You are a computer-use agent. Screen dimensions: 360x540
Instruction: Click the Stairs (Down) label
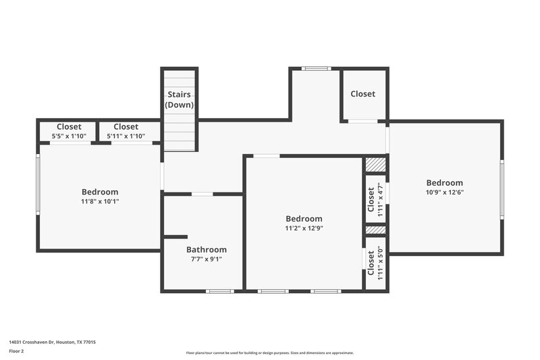tap(180, 99)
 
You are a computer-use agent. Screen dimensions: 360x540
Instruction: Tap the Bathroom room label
tap(207, 249)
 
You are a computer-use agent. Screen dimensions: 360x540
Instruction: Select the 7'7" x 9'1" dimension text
tap(207, 259)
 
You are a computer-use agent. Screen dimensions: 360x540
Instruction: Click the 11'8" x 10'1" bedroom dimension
tap(100, 201)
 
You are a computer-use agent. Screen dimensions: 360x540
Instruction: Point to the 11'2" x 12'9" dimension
tap(304, 228)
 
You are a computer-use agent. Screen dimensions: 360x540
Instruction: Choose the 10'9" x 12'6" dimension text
tap(444, 192)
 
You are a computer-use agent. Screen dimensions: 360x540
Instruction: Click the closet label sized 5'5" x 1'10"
tap(69, 126)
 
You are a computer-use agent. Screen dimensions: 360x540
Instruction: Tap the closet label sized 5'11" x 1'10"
tap(126, 126)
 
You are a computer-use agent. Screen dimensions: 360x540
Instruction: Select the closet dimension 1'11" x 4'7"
tap(380, 198)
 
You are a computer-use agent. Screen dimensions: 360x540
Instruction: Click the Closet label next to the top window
tap(362, 94)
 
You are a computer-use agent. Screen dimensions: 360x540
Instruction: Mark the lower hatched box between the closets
tap(375, 230)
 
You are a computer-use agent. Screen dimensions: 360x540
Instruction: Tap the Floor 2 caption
tap(16, 352)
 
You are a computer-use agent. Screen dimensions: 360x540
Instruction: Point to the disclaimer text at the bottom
tap(270, 353)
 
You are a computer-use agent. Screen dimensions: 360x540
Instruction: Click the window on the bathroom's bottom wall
tap(220, 291)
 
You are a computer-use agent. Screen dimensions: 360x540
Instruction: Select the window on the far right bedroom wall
tap(502, 189)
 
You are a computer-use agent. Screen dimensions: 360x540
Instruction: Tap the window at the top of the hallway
tap(315, 68)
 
